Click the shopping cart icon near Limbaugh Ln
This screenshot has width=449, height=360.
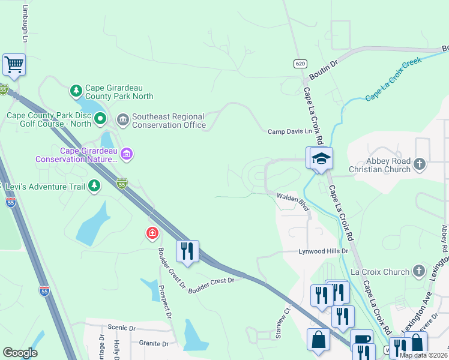click(13, 64)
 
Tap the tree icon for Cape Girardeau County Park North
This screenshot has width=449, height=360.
click(76, 91)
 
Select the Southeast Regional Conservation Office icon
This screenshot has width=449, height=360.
click(123, 121)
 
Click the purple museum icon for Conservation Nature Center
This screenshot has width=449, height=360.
click(127, 155)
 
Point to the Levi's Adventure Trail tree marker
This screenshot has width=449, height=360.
click(94, 187)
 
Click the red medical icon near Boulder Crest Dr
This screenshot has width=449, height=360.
click(152, 232)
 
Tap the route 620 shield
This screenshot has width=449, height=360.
click(300, 64)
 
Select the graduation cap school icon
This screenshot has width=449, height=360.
click(321, 158)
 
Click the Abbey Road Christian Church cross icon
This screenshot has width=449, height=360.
click(420, 163)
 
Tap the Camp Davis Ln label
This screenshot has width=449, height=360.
click(290, 131)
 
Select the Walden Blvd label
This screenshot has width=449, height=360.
click(292, 201)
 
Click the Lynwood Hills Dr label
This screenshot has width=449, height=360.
click(324, 251)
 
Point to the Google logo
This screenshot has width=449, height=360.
click(20, 353)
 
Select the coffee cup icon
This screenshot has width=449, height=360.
click(361, 340)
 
